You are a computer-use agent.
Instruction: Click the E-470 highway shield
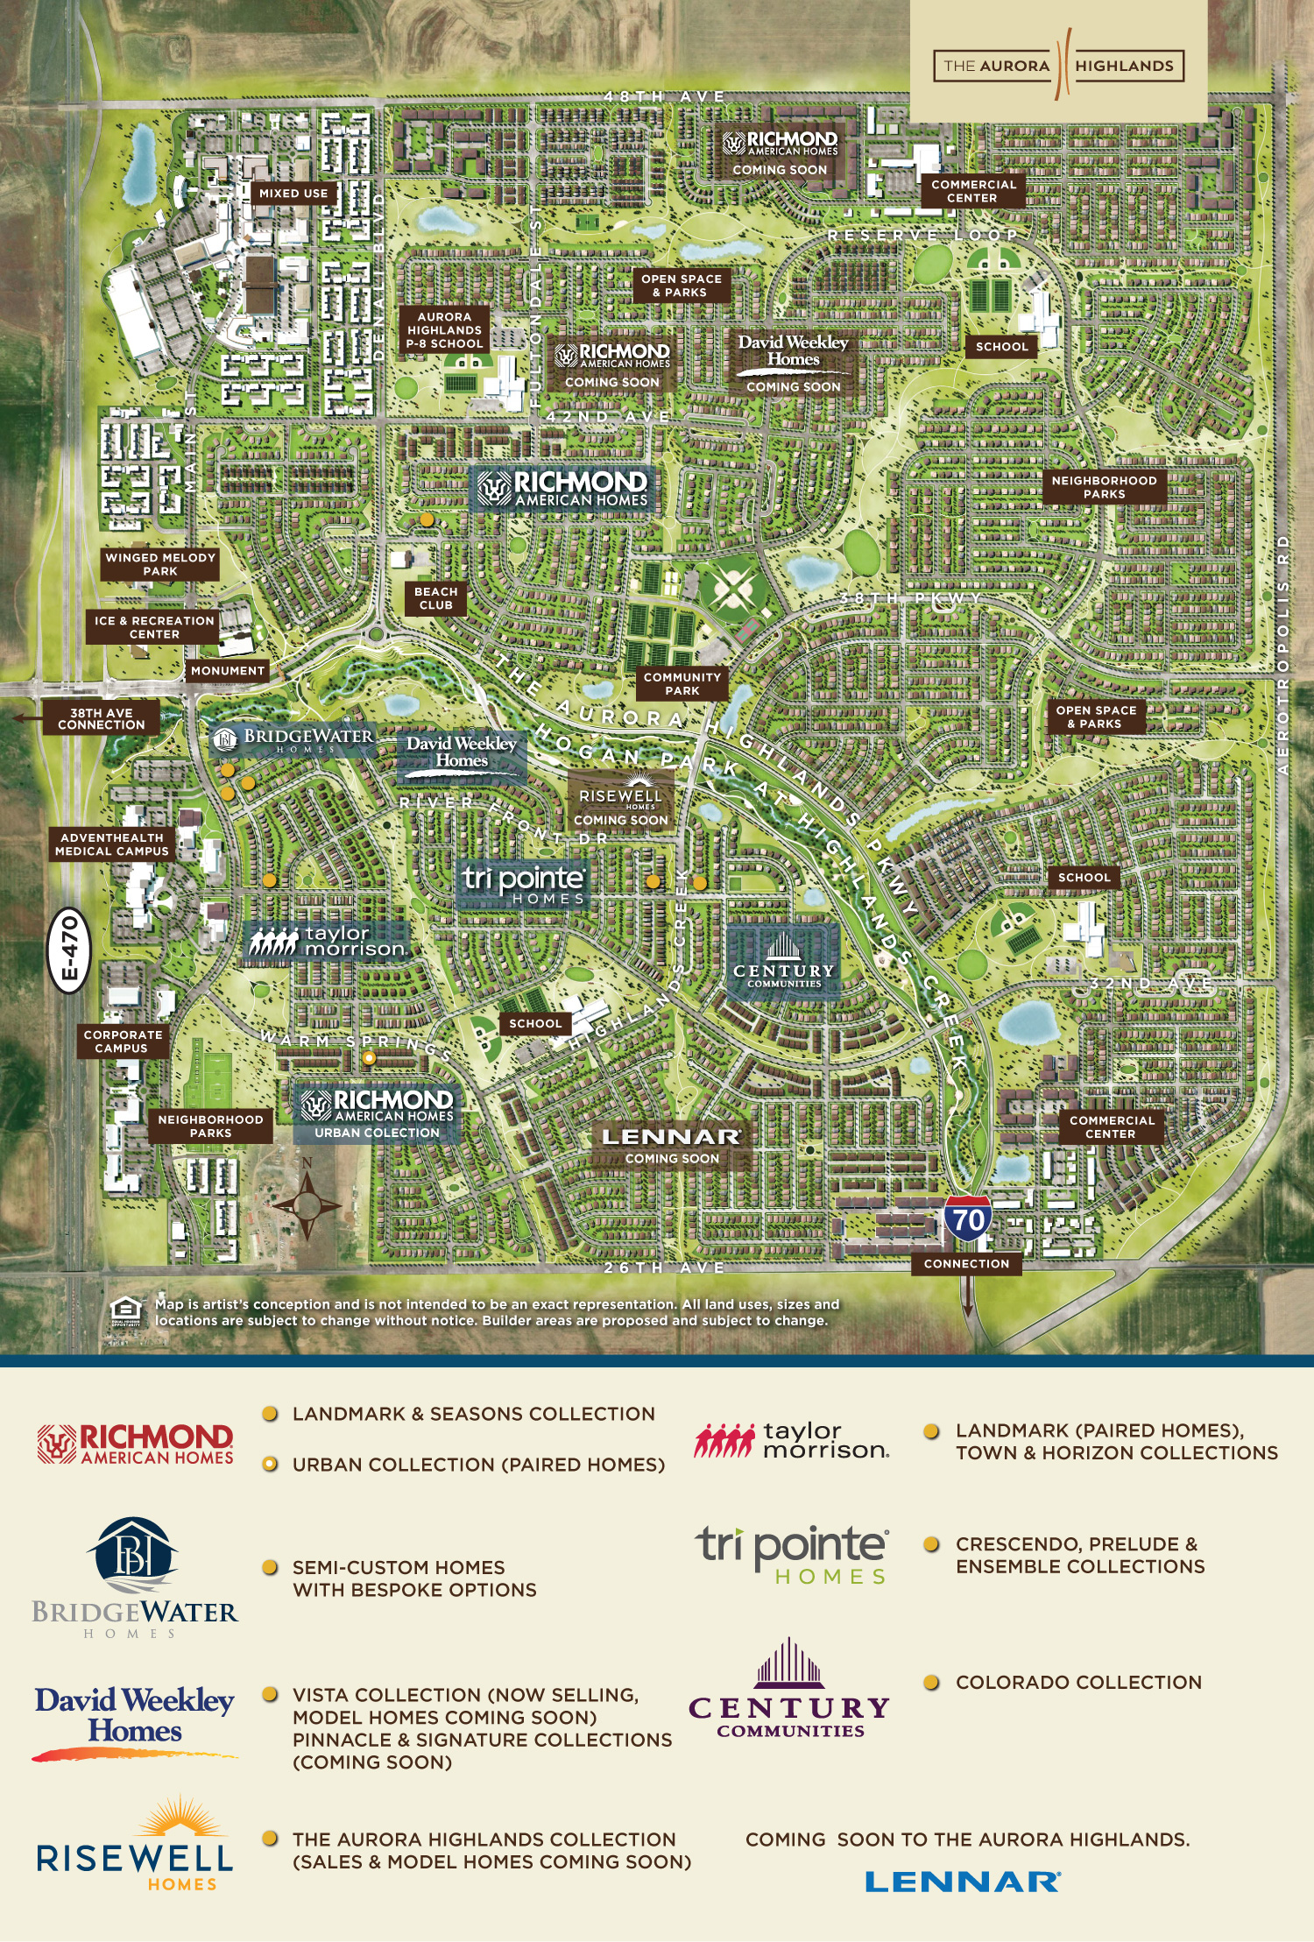(x=68, y=950)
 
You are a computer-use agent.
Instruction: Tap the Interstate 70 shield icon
(x=968, y=1218)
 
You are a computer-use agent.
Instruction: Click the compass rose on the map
(x=307, y=1204)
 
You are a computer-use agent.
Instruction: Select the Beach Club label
(x=435, y=598)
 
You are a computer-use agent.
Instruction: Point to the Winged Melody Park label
(x=159, y=564)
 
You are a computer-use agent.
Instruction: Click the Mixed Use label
(x=293, y=193)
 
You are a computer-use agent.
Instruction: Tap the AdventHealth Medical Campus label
(x=112, y=844)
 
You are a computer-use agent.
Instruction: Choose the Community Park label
(x=682, y=683)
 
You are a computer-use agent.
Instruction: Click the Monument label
(x=228, y=670)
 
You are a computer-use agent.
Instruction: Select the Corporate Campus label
(x=122, y=1041)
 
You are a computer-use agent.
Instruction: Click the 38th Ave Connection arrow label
(x=100, y=718)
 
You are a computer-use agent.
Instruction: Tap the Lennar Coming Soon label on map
(x=671, y=1146)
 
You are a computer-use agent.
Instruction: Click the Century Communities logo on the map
(x=783, y=961)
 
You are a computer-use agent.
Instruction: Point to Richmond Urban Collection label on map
(x=377, y=1113)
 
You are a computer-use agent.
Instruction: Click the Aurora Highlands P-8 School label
(x=443, y=330)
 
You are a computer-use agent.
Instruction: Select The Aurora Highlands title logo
(x=1059, y=65)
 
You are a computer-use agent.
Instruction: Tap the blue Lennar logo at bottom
(x=963, y=1882)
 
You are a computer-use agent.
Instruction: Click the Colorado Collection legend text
(x=1078, y=1682)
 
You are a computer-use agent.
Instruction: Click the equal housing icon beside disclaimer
(x=126, y=1311)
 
